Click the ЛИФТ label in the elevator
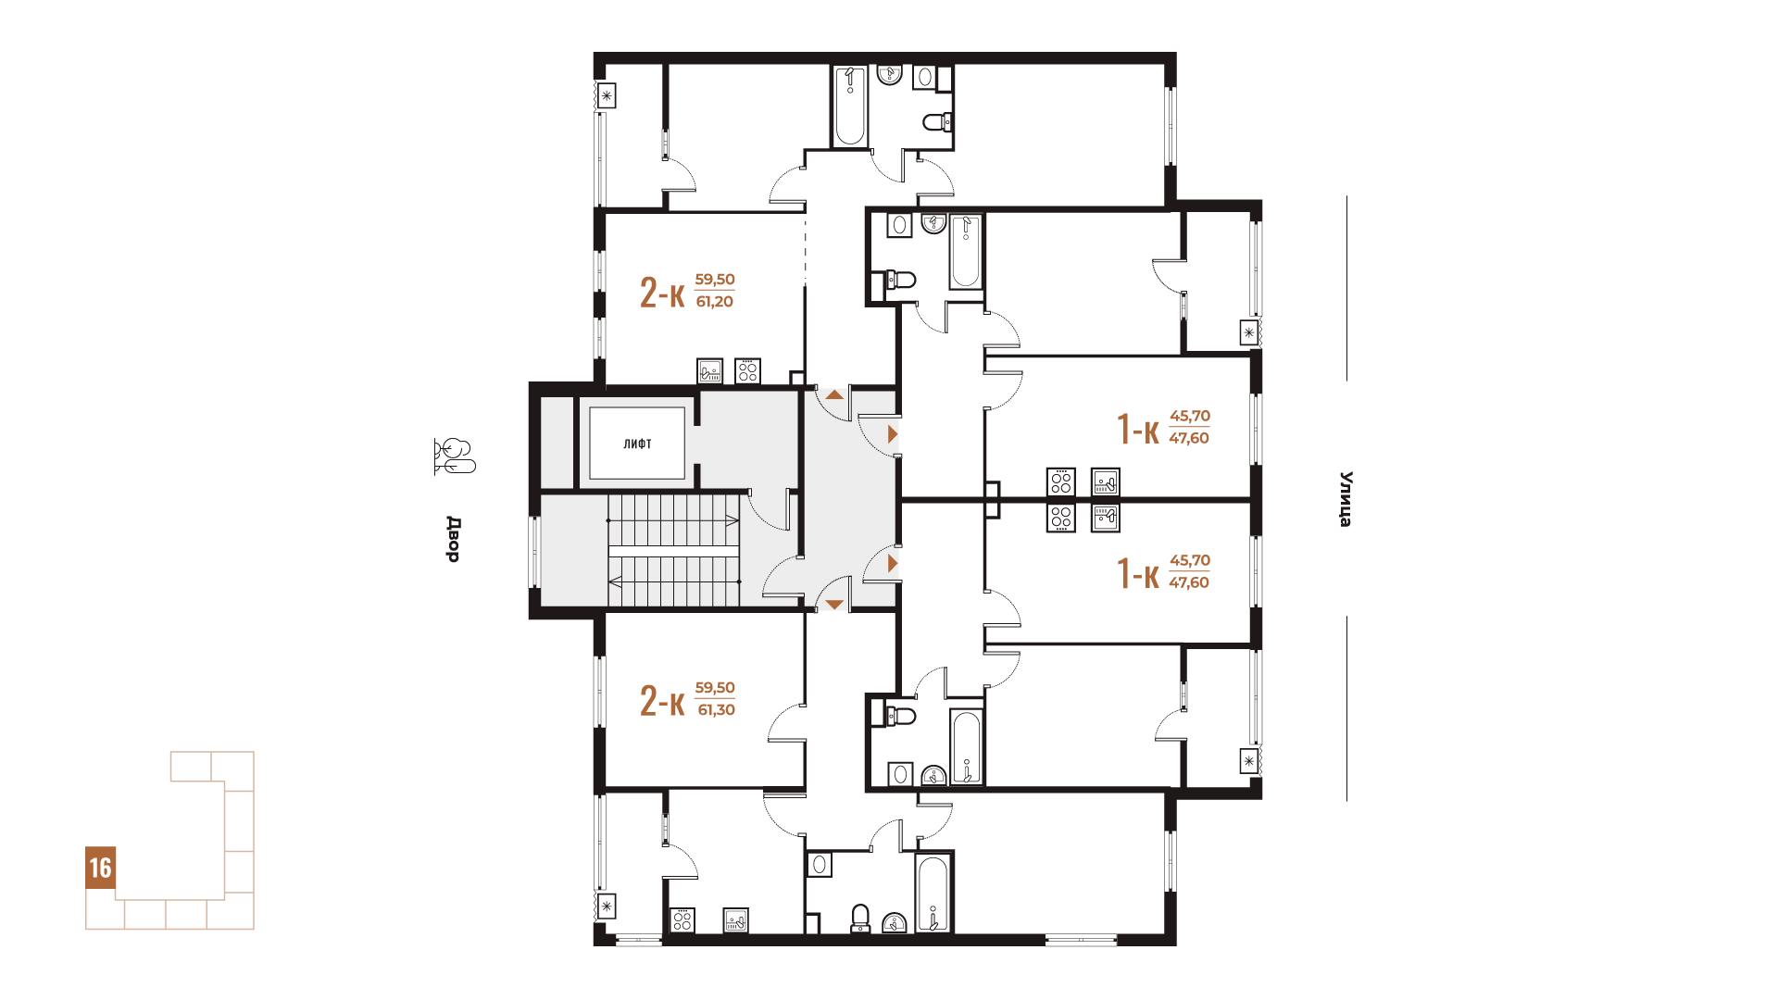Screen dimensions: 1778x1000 pyautogui.click(x=637, y=444)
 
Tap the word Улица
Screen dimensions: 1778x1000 pyautogui.click(x=1346, y=499)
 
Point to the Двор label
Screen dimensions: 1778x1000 pyautogui.click(x=453, y=539)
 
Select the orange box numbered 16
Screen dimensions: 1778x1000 pyautogui.click(x=100, y=868)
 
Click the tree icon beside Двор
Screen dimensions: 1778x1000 pyautogui.click(x=454, y=456)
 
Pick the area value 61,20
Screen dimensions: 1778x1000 pyautogui.click(x=715, y=302)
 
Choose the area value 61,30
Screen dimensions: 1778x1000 pyautogui.click(x=716, y=710)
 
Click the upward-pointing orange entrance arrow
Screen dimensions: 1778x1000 pyautogui.click(x=834, y=394)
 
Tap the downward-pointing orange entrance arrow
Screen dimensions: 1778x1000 pyautogui.click(x=834, y=605)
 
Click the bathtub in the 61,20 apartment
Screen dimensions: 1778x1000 pyautogui.click(x=849, y=106)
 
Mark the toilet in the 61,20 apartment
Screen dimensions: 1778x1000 pyautogui.click(x=937, y=121)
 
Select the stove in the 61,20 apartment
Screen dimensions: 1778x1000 pyautogui.click(x=747, y=370)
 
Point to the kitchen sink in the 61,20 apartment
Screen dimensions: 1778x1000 pyautogui.click(x=709, y=370)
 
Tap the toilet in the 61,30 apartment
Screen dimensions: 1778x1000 pyautogui.click(x=860, y=919)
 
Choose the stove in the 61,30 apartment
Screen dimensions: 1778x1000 pyautogui.click(x=682, y=920)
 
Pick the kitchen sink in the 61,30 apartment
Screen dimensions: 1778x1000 pyautogui.click(x=735, y=920)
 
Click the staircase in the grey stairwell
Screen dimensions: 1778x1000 pyautogui.click(x=674, y=551)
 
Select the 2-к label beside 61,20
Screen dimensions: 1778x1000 pyautogui.click(x=662, y=293)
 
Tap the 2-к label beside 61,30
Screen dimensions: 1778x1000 pyautogui.click(x=662, y=701)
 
